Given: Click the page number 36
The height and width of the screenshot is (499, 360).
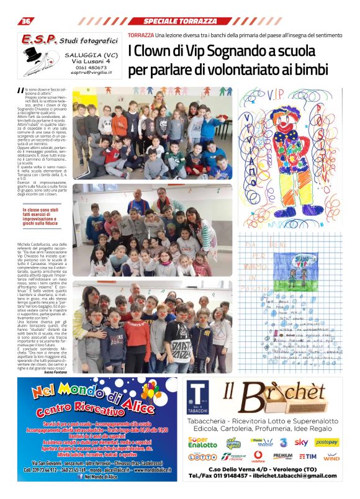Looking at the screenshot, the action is (x=26, y=21).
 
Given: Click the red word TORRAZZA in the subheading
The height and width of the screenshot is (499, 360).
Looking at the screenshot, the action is (x=141, y=36).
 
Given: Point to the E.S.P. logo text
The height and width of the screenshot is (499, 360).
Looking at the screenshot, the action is (x=38, y=40).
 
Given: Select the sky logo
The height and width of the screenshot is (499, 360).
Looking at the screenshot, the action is (x=302, y=442).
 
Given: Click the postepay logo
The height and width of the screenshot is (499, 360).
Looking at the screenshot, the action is (x=327, y=442).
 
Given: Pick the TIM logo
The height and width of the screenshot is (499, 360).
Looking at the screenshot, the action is (x=308, y=456).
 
